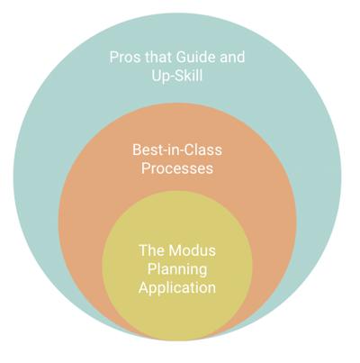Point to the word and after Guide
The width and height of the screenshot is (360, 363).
pos(232,57)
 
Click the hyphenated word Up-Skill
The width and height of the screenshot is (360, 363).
pos(177,76)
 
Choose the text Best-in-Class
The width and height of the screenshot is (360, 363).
pos(177,150)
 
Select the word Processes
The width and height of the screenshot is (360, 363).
pos(177,168)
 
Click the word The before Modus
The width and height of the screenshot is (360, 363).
pos(152,250)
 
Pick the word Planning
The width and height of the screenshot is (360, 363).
pos(177,269)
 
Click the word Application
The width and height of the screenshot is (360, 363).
pos(177,288)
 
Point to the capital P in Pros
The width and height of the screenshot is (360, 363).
pos(113,57)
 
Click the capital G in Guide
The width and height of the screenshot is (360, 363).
pos(181,57)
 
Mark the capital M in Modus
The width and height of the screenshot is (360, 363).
pos(175,250)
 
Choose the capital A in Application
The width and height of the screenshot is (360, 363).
pos(144,287)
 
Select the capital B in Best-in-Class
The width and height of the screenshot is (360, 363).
pos(137,150)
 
